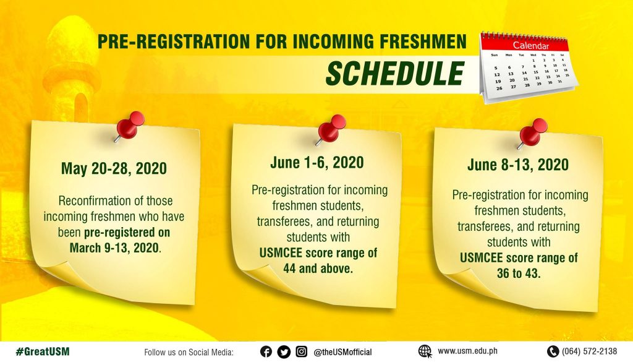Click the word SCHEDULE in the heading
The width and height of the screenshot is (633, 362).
tap(395, 73)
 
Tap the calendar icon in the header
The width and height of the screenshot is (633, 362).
tap(529, 67)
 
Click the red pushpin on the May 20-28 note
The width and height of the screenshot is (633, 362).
tap(129, 126)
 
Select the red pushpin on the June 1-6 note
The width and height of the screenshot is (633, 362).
tap(331, 129)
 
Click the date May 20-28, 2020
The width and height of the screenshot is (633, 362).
tap(114, 168)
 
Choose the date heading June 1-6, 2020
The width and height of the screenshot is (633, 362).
tap(317, 163)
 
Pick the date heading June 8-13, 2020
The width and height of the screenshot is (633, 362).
tap(518, 165)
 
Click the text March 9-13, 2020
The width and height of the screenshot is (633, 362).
tap(114, 248)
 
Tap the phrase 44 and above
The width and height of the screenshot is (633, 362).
tap(318, 269)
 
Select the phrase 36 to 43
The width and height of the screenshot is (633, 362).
tap(519, 274)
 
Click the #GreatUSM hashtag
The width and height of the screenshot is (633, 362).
tap(43, 351)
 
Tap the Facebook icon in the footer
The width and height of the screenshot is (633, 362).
tap(266, 351)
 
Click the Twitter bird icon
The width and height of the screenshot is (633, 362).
tap(284, 352)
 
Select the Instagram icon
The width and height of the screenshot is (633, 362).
tap(301, 351)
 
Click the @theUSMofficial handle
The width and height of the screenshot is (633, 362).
tap(342, 352)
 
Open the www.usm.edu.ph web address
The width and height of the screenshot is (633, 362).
tap(467, 351)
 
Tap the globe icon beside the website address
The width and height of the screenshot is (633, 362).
tap(425, 351)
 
